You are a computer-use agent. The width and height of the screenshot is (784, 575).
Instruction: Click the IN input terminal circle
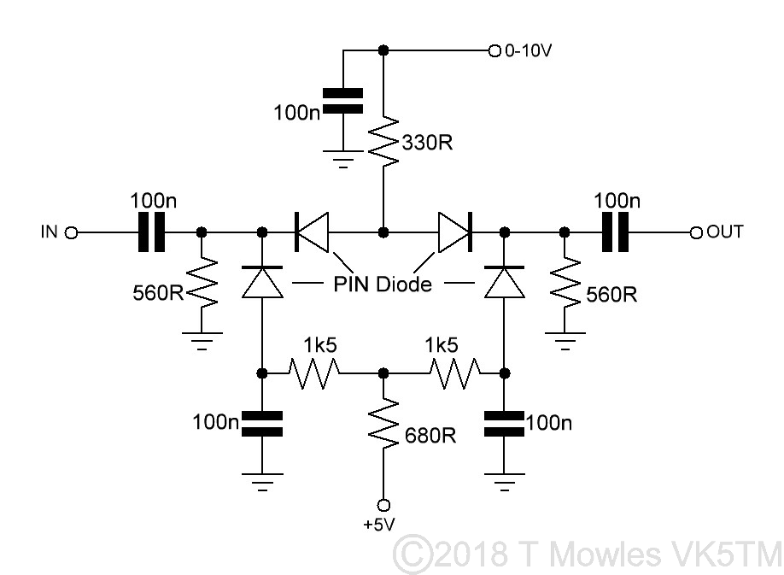73,232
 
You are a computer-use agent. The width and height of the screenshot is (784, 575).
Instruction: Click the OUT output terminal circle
696,232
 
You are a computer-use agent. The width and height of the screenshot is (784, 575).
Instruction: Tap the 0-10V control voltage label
529,50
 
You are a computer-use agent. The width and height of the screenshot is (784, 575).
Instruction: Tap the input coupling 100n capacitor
150,232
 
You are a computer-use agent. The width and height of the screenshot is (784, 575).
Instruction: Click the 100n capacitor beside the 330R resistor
343,101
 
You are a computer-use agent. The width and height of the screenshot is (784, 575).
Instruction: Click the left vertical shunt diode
261,282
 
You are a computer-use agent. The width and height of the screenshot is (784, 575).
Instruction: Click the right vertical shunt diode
504,282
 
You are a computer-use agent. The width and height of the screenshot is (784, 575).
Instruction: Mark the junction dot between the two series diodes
383,232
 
